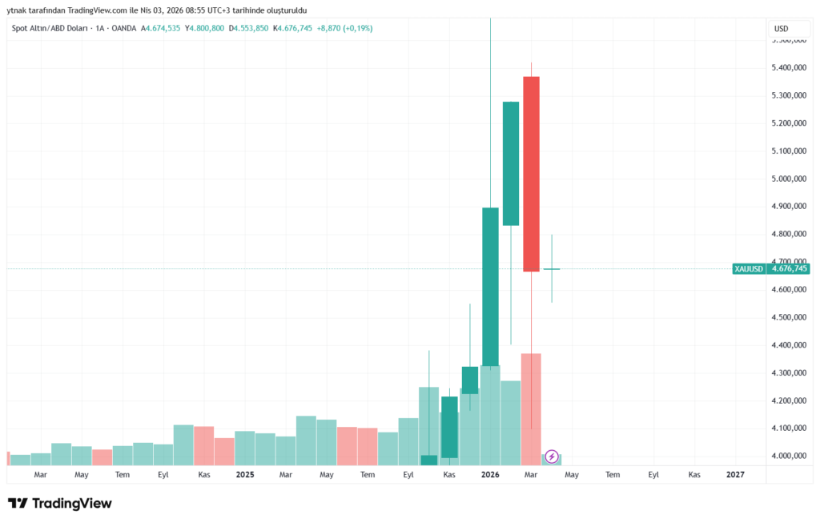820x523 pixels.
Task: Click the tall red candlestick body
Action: [x=532, y=174]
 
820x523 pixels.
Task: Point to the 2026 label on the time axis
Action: [x=490, y=475]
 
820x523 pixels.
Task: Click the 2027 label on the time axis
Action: [x=735, y=475]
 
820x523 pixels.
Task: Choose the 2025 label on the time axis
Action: [x=245, y=475]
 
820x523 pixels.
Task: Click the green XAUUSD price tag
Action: [x=748, y=269]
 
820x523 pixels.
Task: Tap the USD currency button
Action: [x=781, y=29]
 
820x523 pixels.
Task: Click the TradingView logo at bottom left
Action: [x=60, y=504]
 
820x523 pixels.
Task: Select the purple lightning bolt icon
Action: [x=552, y=457]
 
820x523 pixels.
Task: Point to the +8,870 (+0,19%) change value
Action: [x=344, y=29]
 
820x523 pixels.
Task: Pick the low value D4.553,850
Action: [x=248, y=29]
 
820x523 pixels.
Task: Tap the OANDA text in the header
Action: [x=123, y=29]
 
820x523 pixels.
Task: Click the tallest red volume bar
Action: [x=532, y=408]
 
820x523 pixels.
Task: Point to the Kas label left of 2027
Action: [x=694, y=475]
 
